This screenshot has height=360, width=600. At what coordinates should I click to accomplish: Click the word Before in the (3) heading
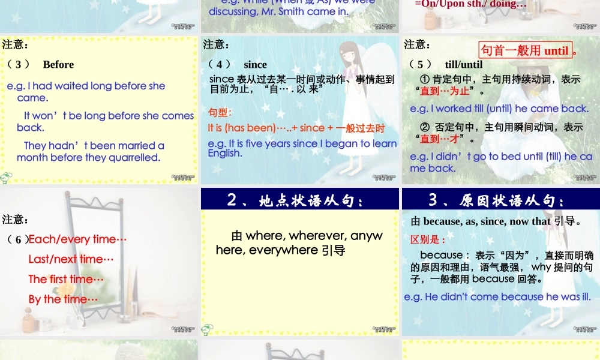58,65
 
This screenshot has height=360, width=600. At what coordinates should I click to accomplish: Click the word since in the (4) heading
255,65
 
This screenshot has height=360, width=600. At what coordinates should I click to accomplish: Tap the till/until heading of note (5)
463,65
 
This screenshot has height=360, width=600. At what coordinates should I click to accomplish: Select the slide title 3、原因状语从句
497,200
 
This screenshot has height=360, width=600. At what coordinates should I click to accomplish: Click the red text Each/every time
77,239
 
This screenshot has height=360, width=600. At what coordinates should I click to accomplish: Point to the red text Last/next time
71,259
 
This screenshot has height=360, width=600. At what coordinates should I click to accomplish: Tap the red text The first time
66,279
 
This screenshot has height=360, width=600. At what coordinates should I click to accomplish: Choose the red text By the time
63,299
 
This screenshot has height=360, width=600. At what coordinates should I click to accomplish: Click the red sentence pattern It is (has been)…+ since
296,128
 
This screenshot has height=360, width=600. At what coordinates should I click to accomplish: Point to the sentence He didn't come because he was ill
497,297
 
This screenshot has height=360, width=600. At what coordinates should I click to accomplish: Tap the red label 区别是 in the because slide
428,240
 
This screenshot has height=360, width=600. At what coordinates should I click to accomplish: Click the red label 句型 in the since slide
220,113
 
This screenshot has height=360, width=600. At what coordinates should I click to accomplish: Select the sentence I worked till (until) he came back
499,109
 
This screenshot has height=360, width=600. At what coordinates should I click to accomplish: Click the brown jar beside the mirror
28,320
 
